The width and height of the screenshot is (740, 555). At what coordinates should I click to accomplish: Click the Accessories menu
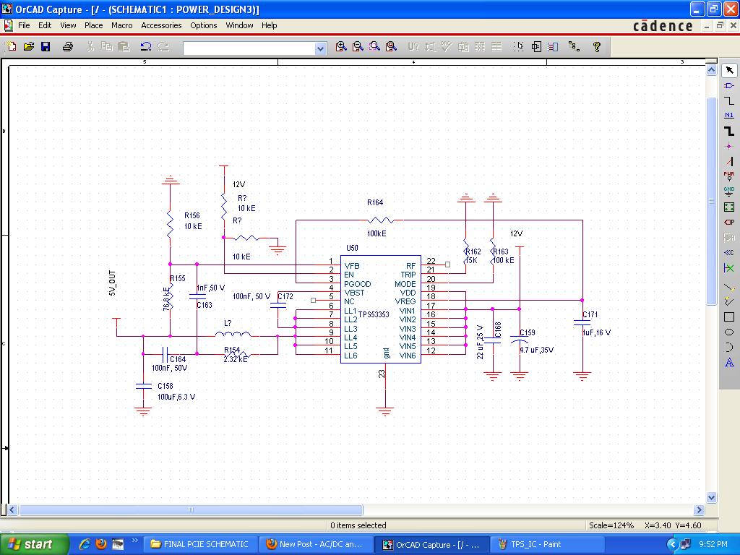161,25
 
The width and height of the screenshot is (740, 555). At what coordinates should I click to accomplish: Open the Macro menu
121,25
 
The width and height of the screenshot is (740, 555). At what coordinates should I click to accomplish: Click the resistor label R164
375,203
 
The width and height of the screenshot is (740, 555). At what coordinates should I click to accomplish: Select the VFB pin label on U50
352,266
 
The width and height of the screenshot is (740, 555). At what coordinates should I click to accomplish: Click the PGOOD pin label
357,284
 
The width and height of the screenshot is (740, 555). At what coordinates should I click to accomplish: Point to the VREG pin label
405,301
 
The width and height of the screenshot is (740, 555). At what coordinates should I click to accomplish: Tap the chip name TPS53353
374,315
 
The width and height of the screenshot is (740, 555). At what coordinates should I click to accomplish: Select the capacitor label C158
166,387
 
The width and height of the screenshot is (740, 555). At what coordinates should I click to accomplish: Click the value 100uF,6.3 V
176,397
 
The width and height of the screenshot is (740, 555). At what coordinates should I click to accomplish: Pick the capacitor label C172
285,297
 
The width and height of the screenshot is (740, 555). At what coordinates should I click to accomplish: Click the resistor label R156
192,215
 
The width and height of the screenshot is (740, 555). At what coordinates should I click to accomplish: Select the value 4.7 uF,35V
536,350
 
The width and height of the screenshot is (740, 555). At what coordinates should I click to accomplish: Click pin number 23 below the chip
382,374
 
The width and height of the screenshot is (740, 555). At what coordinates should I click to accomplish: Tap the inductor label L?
228,323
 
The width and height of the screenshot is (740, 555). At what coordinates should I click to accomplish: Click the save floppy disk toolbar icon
46,47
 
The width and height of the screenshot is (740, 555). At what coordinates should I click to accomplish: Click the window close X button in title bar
729,9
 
